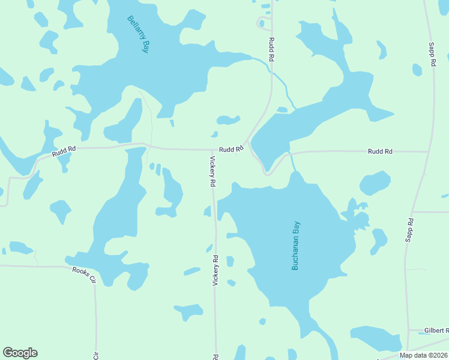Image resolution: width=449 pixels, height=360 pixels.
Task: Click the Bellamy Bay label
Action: [138, 35]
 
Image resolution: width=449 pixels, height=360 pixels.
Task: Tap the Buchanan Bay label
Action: [295, 245]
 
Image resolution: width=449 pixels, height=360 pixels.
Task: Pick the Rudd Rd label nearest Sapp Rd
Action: [380, 152]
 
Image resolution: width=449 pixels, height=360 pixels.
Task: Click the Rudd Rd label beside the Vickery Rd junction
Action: [231, 149]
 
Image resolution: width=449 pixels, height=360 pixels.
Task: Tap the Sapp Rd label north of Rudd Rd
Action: [432, 54]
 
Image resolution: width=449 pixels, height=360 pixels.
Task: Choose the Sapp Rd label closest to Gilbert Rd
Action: [410, 229]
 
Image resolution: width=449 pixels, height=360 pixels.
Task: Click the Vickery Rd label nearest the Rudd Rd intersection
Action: [212, 172]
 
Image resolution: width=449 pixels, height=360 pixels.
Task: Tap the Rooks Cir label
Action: [85, 275]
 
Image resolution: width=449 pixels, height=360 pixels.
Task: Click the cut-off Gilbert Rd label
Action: [436, 331]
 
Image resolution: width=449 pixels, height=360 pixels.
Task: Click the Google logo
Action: [20, 353]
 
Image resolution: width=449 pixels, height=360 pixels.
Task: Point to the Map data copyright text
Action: [424, 355]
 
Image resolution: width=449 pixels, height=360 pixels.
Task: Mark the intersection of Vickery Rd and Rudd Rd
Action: [212, 150]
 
